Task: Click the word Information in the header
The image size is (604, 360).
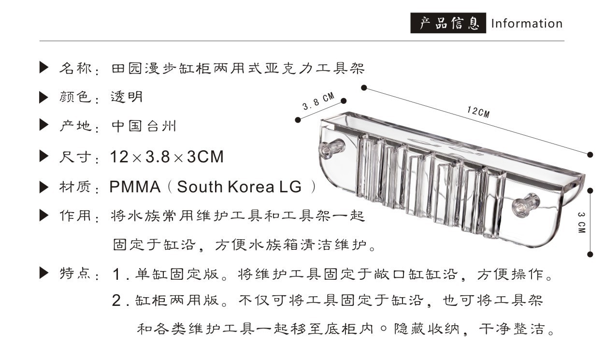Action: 527,24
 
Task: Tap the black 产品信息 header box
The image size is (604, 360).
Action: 448,23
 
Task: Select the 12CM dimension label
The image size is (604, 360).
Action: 478,112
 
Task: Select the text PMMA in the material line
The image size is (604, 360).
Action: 135,187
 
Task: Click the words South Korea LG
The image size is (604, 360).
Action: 239,187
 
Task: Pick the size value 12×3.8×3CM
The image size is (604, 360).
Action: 167,157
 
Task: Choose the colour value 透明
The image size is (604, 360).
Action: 127,98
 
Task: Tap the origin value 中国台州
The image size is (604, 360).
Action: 144,127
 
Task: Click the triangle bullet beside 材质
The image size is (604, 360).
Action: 44,186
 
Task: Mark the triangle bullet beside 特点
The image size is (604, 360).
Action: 44,274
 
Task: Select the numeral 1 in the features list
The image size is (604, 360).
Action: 116,275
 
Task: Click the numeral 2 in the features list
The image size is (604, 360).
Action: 116,301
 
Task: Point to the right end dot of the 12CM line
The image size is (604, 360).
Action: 590,154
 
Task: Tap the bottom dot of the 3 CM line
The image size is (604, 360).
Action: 590,254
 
